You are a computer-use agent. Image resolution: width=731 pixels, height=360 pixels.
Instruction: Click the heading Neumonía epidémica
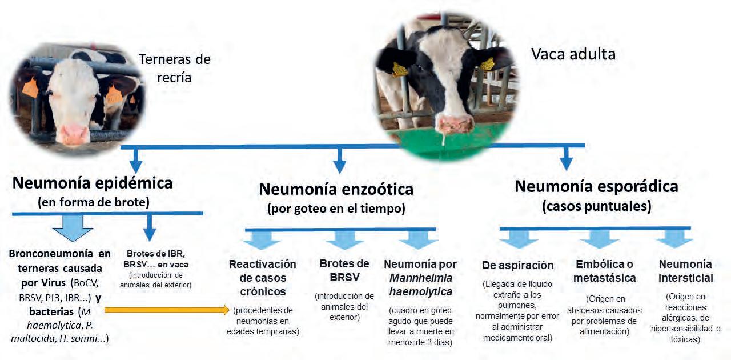point(92,183)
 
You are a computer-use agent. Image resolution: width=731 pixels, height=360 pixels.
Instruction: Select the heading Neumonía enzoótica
point(336,189)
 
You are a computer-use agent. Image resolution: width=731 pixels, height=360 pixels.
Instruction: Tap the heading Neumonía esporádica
point(596,186)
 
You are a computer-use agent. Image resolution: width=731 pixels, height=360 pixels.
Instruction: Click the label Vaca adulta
point(573,54)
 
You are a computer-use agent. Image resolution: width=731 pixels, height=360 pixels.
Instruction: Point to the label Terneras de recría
point(175,67)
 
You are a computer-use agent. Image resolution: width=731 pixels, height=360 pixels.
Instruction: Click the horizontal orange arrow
point(170,310)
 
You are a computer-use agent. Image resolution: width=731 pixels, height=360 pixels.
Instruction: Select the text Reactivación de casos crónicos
point(262,278)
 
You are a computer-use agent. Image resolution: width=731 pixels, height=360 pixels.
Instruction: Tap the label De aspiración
point(518,265)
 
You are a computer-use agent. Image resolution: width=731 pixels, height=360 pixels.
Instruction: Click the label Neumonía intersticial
point(685,271)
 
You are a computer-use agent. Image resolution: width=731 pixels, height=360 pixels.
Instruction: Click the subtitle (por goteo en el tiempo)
point(336,209)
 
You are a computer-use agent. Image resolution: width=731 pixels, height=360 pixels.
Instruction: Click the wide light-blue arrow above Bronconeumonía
point(72,230)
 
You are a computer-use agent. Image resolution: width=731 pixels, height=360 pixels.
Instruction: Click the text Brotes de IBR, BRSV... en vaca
point(156,259)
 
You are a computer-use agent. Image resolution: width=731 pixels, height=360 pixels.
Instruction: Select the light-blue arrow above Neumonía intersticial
point(674,239)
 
